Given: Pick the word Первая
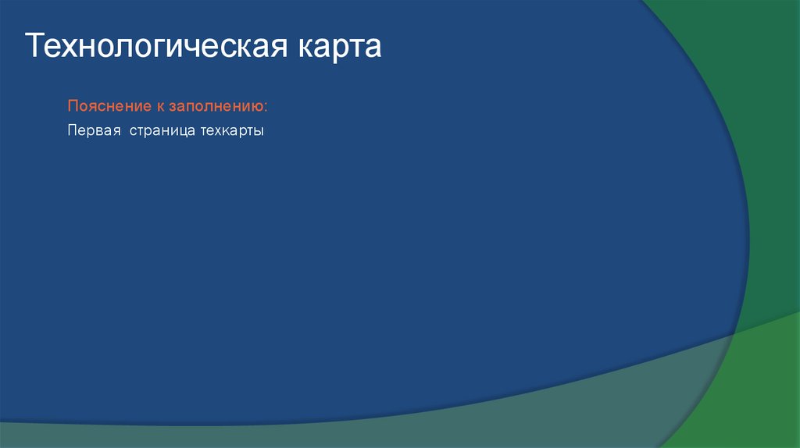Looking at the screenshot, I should (x=92, y=131).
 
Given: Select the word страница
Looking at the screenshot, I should (x=158, y=131).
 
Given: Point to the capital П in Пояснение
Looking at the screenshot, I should (x=72, y=105).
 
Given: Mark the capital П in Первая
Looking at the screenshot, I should (x=72, y=131).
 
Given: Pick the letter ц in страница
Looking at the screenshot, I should (x=179, y=132).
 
